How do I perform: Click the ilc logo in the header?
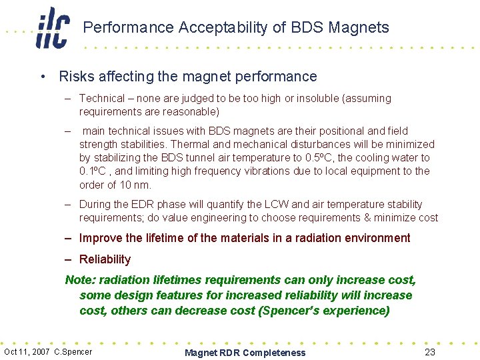(x=52, y=28)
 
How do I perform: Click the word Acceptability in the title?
(x=218, y=27)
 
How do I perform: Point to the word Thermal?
(x=191, y=144)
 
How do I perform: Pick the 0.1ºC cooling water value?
(x=93, y=171)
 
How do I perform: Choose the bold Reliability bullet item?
(x=105, y=259)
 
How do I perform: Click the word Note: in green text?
(x=79, y=280)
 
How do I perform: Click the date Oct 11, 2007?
(x=27, y=351)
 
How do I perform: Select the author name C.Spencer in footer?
(x=73, y=351)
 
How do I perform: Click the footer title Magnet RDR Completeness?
(x=245, y=353)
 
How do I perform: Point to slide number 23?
(x=430, y=352)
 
